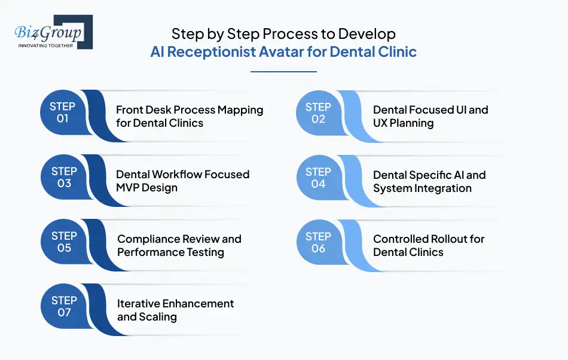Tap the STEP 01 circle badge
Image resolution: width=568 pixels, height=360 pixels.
point(63,112)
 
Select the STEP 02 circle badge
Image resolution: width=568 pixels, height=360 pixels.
point(318,112)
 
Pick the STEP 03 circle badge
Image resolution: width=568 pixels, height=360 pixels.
point(64,177)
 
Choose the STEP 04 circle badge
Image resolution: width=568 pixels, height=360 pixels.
point(318,178)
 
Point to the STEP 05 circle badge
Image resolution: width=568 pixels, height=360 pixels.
point(64,242)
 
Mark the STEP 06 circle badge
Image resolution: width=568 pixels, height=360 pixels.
point(318,242)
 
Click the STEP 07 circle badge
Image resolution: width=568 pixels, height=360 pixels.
point(64,306)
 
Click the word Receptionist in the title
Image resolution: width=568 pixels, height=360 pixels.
point(211,51)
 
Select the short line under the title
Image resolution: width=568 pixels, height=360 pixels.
point(283,72)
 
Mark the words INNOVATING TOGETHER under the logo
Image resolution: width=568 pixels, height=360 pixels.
point(45,45)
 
